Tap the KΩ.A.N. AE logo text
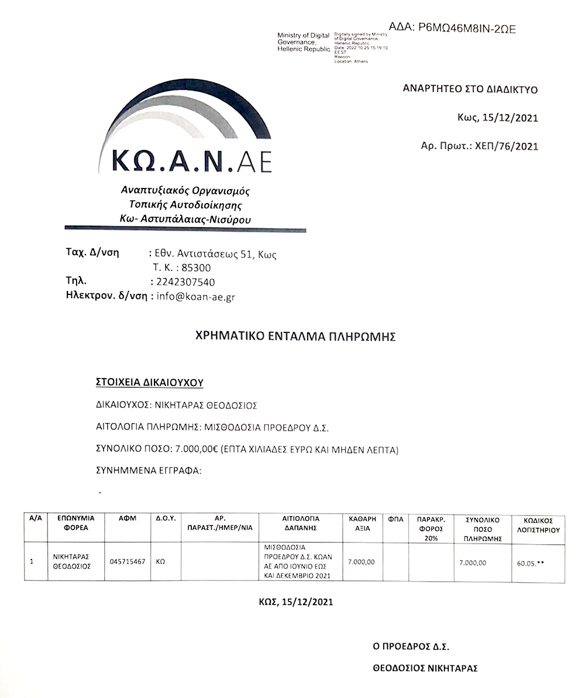(191, 160)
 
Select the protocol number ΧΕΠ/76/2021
(504, 146)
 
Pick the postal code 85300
(197, 268)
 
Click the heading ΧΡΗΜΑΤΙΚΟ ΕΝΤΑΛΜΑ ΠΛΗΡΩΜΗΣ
(295, 336)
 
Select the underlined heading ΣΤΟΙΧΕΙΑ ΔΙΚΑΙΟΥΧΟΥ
(149, 383)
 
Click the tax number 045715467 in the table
(128, 561)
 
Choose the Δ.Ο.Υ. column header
(166, 518)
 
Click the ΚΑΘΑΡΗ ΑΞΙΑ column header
(362, 522)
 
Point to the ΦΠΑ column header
(395, 518)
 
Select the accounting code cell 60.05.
(531, 563)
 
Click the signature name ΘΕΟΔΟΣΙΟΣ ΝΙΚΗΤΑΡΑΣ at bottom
(425, 668)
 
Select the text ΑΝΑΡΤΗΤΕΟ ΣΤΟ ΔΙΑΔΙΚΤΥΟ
(470, 90)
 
